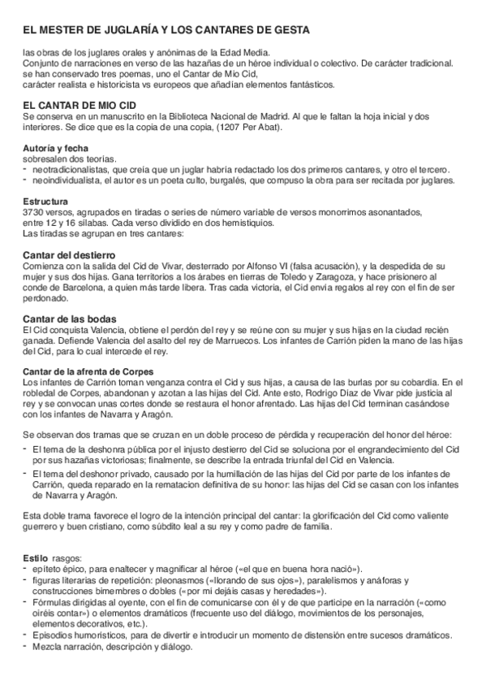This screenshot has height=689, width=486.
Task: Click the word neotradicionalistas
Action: click(x=69, y=169)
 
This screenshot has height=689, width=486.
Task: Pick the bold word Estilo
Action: click(x=36, y=559)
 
